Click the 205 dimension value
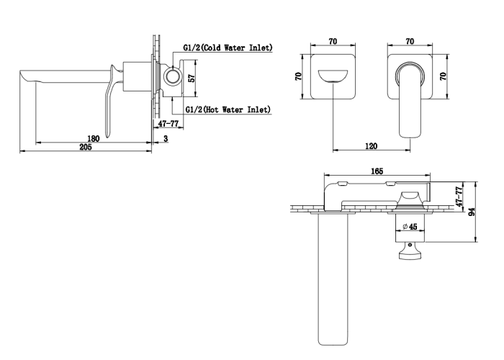click(86, 147)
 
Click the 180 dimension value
click(94, 138)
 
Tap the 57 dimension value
click(192, 78)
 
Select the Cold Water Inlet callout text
click(228, 48)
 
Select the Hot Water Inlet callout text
click(228, 109)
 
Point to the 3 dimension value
click(166, 138)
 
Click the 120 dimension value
click(372, 146)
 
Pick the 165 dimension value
click(377, 171)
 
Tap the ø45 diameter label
click(410, 227)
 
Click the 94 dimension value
click(472, 212)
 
